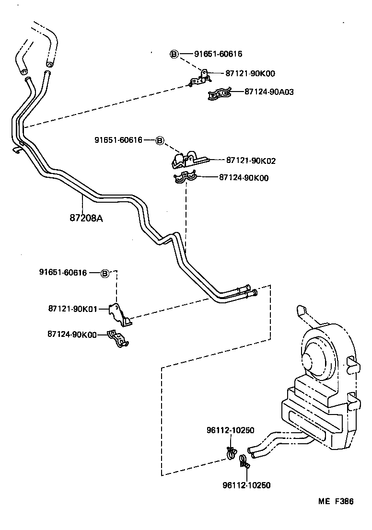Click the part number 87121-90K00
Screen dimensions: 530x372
[251, 73]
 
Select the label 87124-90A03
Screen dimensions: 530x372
[269, 91]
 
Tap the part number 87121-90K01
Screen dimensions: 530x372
[72, 309]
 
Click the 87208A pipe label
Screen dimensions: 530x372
[87, 219]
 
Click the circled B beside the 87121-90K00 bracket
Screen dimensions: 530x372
[174, 54]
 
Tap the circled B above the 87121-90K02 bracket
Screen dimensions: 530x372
[160, 140]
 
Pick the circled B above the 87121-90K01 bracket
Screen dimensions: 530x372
[105, 273]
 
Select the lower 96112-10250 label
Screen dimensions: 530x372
[246, 485]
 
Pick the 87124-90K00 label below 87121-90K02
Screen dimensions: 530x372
[244, 178]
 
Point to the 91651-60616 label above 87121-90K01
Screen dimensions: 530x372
[63, 273]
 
